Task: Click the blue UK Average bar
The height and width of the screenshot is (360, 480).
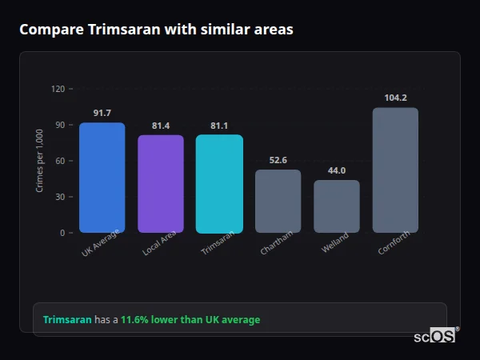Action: pos(102,178)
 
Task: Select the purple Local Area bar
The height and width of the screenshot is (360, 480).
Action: pos(161,184)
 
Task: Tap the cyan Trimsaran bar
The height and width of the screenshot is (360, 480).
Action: pos(219,184)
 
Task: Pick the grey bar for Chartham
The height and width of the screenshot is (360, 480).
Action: pos(278,202)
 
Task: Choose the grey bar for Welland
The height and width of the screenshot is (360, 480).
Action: pos(337,206)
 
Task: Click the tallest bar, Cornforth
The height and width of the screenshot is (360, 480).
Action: pos(395,170)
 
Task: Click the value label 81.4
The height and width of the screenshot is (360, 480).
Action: pos(161,126)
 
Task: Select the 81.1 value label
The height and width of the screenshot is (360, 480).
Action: pos(219,126)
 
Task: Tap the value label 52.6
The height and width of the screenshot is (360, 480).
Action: pos(278,160)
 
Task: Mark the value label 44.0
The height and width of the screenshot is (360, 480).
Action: pos(337,170)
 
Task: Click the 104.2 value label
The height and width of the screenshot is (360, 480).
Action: pos(395,98)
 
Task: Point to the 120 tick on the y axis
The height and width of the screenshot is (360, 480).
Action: pos(58,89)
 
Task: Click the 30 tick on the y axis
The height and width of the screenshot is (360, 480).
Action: pos(60,197)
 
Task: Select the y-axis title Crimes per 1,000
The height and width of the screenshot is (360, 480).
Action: pos(39,161)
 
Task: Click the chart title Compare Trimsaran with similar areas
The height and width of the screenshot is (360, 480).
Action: pos(156,30)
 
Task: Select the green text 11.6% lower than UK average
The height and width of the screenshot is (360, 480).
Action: pos(190,320)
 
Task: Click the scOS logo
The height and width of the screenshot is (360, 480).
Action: pos(435,337)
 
